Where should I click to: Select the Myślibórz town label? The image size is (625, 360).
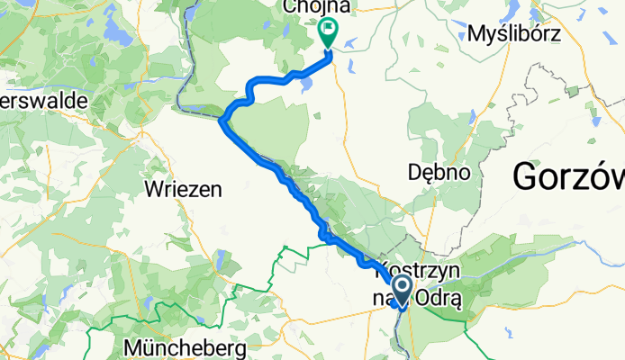(x=515, y=35)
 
